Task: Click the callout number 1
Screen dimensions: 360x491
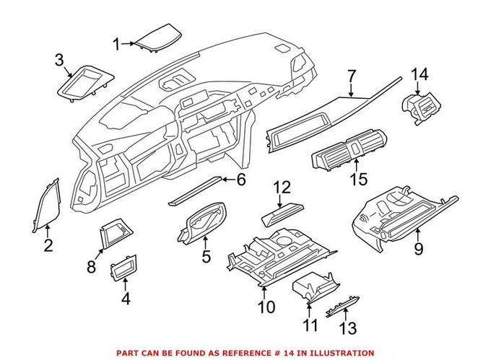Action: [116, 45]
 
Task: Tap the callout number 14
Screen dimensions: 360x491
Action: [420, 75]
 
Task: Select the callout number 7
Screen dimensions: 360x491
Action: [351, 76]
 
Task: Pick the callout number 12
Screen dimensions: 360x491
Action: [282, 188]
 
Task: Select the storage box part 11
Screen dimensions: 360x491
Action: [311, 293]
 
